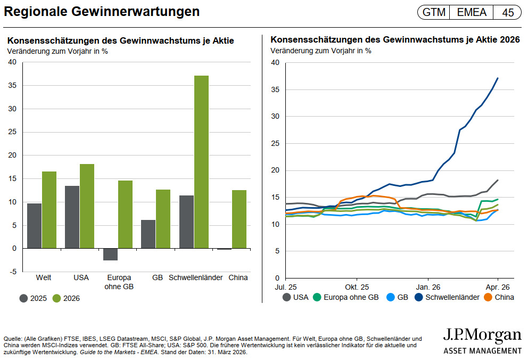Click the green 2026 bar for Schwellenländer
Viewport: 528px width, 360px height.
click(201, 162)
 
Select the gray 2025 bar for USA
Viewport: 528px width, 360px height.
click(72, 217)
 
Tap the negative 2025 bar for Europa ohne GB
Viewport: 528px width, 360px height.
click(110, 254)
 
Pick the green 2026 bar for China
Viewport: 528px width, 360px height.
click(239, 219)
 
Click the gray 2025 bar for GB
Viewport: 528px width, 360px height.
click(148, 234)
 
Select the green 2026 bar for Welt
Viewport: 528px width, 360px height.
click(49, 210)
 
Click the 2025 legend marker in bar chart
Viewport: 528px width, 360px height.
click(24, 298)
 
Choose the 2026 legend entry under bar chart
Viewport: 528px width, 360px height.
click(64, 298)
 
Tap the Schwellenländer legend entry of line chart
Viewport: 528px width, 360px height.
click(449, 297)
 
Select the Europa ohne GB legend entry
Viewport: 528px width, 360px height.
click(346, 297)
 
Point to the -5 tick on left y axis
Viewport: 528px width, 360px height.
click(12, 272)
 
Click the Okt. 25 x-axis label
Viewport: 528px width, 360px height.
click(357, 285)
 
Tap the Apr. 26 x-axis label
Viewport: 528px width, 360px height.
click(497, 285)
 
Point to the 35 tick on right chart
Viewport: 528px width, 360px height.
click(275, 89)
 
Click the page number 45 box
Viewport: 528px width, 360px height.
click(508, 12)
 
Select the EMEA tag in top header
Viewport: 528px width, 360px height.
click(471, 12)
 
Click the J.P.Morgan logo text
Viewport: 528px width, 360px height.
click(482, 336)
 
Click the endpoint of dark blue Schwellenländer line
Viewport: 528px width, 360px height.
click(498, 78)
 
